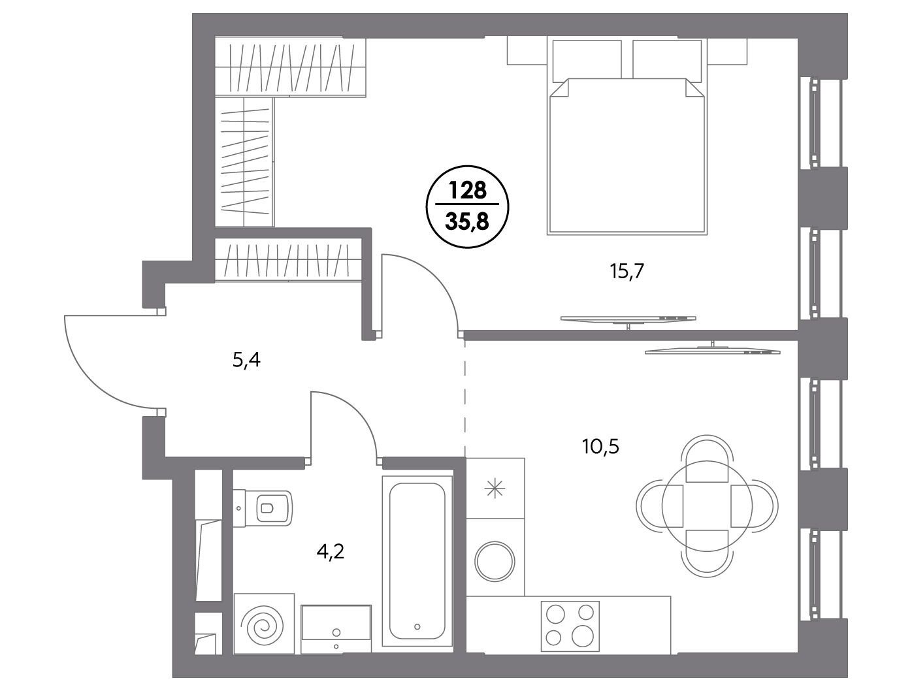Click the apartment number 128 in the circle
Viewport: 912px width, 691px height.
click(x=467, y=191)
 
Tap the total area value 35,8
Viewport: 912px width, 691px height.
click(x=467, y=222)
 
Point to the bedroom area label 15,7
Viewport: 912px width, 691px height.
click(x=627, y=272)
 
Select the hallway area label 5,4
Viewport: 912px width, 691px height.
click(x=246, y=360)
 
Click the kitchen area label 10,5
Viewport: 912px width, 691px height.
click(x=601, y=447)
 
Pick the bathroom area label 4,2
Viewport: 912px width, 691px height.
click(x=331, y=553)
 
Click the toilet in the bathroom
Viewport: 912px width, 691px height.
click(x=263, y=507)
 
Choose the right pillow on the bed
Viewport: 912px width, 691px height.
click(x=667, y=59)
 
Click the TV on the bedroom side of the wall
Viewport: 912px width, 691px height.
click(x=628, y=319)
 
